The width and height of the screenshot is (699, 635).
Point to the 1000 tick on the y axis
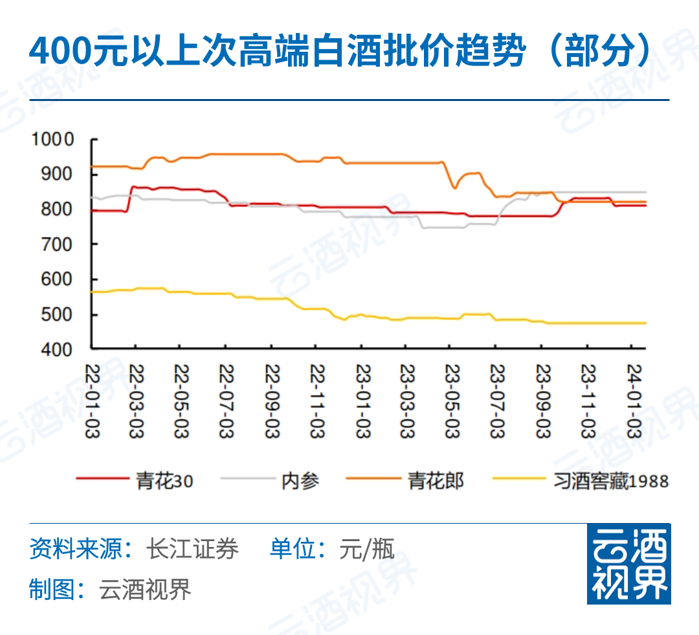click(x=54, y=139)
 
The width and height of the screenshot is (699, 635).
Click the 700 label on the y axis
click(x=58, y=245)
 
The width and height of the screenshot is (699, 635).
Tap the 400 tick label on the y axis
click(x=58, y=350)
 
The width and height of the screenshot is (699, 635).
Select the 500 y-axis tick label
click(x=58, y=315)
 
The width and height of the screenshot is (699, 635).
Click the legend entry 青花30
click(x=164, y=481)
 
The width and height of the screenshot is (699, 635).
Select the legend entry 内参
click(x=300, y=481)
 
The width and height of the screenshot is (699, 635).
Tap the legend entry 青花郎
click(x=436, y=481)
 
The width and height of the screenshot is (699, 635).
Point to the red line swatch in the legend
click(x=102, y=479)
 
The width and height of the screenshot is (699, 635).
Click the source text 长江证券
click(x=192, y=549)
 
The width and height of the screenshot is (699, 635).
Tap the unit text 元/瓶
click(x=366, y=550)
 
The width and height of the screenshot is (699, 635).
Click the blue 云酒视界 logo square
click(x=628, y=563)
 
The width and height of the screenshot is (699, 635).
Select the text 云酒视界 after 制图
click(x=146, y=590)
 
